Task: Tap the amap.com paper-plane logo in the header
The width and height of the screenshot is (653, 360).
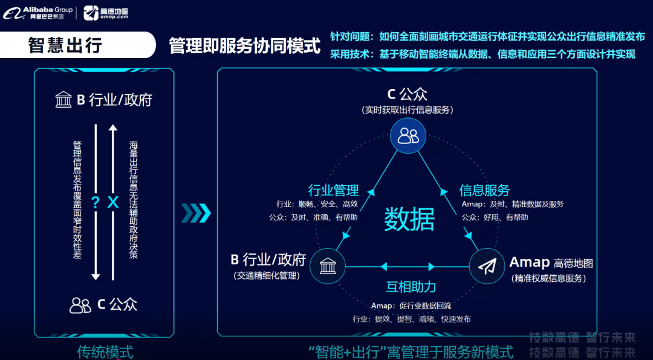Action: point(91,13)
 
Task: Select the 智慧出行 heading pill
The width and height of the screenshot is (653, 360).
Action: point(65,45)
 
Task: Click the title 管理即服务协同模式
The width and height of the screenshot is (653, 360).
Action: point(244,46)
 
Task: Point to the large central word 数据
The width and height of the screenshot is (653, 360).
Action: point(409,219)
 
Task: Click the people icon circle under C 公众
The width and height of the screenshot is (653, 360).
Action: point(408,136)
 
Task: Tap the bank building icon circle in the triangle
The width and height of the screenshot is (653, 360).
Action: point(327,266)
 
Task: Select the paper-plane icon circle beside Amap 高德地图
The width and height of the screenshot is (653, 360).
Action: point(487,266)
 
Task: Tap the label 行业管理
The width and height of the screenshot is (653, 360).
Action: point(333,190)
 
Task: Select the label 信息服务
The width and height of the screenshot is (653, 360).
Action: point(484,190)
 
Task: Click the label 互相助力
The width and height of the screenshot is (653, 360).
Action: point(411,287)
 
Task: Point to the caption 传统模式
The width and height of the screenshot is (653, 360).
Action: point(105,352)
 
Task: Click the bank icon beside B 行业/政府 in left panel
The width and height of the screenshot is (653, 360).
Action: point(63,100)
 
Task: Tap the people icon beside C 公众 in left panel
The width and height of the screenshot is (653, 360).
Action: point(80,305)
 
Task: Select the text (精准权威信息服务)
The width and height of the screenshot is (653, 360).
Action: point(548,279)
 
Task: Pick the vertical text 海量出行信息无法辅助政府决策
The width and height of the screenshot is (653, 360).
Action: point(134,200)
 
